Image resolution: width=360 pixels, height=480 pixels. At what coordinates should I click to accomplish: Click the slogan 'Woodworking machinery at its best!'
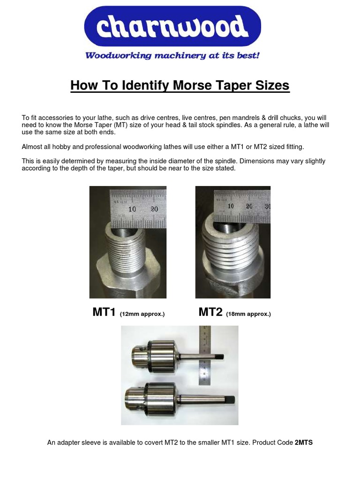point(172,56)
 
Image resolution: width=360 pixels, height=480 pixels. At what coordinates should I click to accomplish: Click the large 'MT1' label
point(104,312)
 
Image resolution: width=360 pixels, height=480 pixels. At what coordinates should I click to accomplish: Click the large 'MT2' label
point(210,312)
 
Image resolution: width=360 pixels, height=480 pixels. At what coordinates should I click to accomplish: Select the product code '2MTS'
point(304,442)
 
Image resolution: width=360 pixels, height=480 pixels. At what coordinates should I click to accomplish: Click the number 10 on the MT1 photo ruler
point(132,209)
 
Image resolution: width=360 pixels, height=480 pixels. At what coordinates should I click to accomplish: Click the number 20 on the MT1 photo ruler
point(154,209)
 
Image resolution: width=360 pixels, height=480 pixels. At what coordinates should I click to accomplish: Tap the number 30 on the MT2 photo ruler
point(267,206)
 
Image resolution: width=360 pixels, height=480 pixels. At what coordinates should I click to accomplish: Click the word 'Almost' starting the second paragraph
point(32,147)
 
